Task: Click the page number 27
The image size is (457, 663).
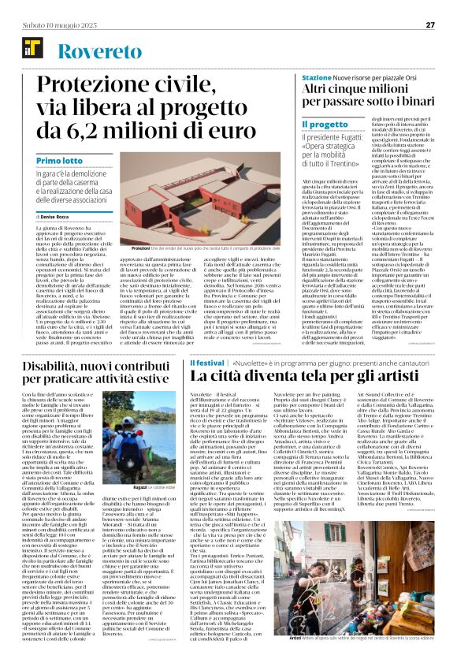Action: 430,24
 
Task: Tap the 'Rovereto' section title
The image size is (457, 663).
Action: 93,52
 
